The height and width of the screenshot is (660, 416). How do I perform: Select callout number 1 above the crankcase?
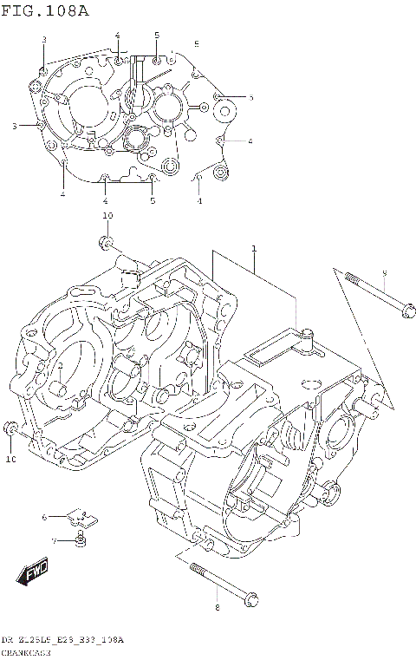254,249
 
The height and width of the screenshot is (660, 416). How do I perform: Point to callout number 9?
384,274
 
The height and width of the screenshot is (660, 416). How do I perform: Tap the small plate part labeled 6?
83,518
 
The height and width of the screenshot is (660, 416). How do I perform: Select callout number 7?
52,541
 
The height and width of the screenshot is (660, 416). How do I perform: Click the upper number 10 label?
107,215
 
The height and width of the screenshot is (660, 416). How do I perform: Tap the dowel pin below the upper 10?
105,240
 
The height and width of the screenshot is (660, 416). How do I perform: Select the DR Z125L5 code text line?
62,639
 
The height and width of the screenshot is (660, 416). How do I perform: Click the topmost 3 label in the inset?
43,40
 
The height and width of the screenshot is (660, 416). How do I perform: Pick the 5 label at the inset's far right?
250,98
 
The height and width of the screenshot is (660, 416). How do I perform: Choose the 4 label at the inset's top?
117,35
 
